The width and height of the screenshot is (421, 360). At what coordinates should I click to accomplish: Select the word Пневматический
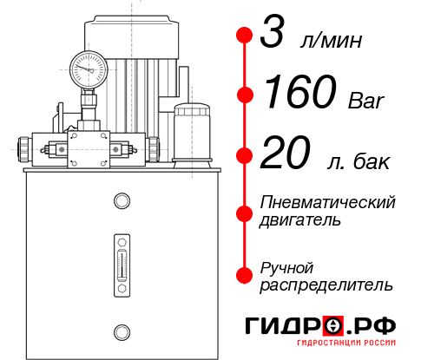pyautogui.click(x=327, y=202)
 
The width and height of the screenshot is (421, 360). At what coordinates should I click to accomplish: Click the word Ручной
pyautogui.click(x=286, y=267)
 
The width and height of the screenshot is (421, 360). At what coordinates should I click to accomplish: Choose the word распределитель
pyautogui.click(x=326, y=285)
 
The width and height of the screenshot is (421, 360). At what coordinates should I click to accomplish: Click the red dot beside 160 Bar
pyautogui.click(x=245, y=95)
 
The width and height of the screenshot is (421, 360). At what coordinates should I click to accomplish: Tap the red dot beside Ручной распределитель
pyautogui.click(x=245, y=276)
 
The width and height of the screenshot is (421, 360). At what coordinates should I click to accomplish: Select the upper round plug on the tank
pyautogui.click(x=122, y=202)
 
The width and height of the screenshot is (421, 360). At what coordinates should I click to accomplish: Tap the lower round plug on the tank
pyautogui.click(x=122, y=330)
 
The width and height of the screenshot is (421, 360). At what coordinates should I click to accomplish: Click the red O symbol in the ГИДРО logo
pyautogui.click(x=334, y=325)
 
